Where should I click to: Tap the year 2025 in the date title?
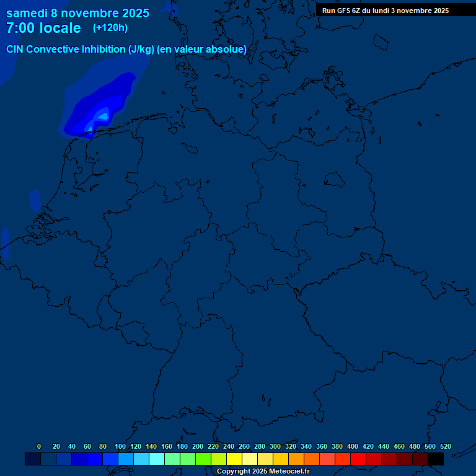131,13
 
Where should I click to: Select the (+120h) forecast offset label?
110,28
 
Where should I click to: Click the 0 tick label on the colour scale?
39,446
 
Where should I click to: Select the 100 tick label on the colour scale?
120,446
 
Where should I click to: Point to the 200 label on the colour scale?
198,446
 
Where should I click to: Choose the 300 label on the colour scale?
275,446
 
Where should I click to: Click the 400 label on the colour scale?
353,446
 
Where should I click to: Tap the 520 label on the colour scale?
445,446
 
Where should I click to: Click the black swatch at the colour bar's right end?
436,459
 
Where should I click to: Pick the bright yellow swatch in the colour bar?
234,459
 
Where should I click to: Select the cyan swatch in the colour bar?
157,459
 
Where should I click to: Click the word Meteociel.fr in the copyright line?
285,472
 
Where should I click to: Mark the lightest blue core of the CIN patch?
103,115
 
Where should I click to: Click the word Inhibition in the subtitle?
103,49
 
